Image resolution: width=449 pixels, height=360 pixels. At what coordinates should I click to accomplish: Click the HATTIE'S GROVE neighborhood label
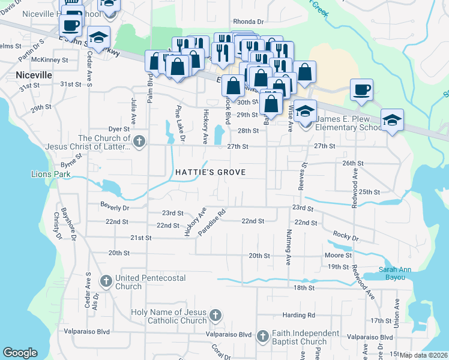point(211,172)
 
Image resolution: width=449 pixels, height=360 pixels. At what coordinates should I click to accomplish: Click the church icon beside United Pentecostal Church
point(106,280)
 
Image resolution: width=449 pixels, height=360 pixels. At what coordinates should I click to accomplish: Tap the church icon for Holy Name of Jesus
point(215,315)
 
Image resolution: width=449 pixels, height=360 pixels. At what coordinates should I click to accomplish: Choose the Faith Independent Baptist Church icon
point(263,336)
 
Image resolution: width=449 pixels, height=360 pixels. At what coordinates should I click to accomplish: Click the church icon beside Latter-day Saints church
point(139,142)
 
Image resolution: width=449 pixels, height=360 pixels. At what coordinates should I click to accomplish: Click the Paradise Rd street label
point(214,221)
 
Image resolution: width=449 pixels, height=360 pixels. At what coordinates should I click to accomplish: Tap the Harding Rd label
point(299,315)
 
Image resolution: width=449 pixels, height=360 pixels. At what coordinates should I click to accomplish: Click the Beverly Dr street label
point(115,208)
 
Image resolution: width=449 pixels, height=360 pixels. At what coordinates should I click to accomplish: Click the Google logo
point(20,353)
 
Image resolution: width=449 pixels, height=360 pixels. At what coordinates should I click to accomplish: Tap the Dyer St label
point(119,129)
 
